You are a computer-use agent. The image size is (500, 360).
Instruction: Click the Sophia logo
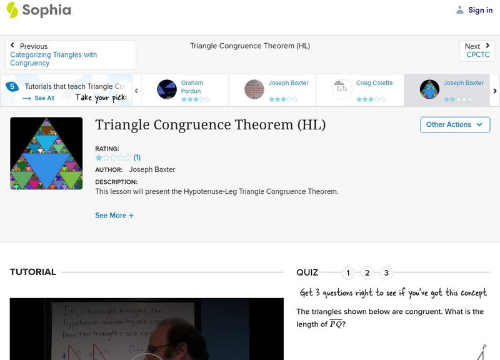click(39, 10)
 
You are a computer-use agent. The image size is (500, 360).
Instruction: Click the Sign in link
click(474, 10)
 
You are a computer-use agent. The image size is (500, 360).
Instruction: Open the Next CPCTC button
click(477, 51)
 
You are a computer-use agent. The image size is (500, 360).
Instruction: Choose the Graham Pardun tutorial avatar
click(167, 89)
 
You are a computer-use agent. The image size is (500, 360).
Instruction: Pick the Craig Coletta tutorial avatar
click(342, 89)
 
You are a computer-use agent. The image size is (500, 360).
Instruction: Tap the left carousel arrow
click(136, 91)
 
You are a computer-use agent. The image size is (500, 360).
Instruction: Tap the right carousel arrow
click(494, 91)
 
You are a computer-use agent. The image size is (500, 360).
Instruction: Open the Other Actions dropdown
click(454, 124)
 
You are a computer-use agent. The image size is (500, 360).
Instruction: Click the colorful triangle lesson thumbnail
click(46, 153)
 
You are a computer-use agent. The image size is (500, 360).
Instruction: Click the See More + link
click(114, 216)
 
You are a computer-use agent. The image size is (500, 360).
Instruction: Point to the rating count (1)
click(137, 157)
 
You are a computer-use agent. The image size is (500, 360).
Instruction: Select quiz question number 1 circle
click(348, 272)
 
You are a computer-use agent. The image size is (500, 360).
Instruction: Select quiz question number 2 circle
click(367, 272)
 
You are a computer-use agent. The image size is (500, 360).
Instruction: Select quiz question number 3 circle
click(386, 272)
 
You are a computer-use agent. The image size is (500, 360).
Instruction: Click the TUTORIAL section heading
click(33, 272)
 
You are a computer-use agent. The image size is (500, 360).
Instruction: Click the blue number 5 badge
click(11, 87)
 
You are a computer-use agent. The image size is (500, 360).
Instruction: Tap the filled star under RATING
click(99, 157)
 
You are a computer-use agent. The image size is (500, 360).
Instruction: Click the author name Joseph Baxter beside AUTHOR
click(152, 169)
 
